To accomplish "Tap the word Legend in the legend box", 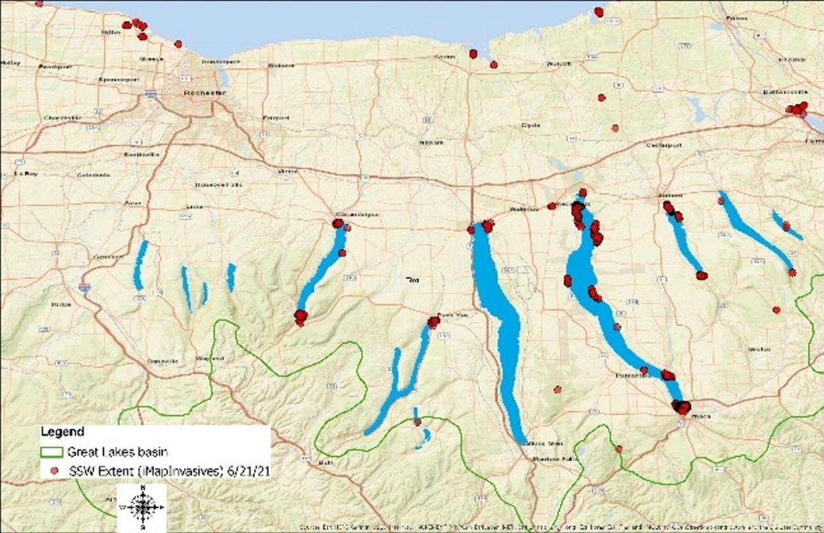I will pyautogui.click(x=62, y=432).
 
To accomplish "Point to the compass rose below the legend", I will pyautogui.click(x=142, y=508).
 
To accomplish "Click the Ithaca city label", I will pyautogui.click(x=689, y=417).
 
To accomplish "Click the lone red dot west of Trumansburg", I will pyautogui.click(x=558, y=389).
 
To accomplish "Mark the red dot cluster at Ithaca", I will pyautogui.click(x=681, y=407).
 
